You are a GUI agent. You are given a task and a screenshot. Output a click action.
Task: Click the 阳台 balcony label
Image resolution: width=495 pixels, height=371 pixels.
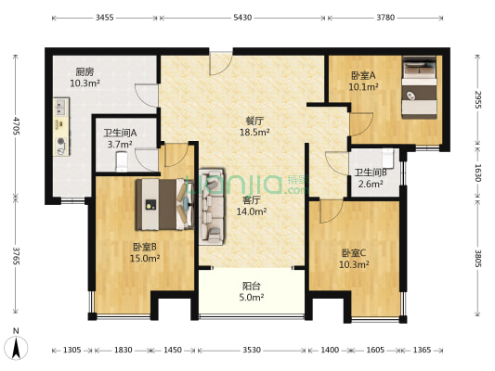click(250, 286)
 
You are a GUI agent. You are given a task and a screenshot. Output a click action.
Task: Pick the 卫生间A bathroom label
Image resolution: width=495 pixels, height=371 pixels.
click(120, 132)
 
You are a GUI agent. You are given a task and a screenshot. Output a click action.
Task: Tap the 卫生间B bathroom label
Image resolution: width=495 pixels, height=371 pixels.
click(371, 172)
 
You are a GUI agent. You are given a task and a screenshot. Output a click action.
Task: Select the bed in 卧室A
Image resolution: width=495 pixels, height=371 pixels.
click(420, 89)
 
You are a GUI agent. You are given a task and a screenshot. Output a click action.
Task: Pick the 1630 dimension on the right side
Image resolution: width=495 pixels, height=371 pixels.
click(477, 173)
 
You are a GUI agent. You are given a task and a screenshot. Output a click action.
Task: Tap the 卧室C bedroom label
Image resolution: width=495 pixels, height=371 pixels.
click(355, 253)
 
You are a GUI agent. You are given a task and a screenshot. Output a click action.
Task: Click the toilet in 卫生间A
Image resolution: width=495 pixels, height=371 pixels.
click(120, 162)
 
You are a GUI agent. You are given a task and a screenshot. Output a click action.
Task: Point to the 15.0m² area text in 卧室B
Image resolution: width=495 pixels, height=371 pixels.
click(140, 259)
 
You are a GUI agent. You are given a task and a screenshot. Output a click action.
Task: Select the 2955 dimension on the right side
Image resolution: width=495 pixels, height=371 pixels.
click(477, 99)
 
